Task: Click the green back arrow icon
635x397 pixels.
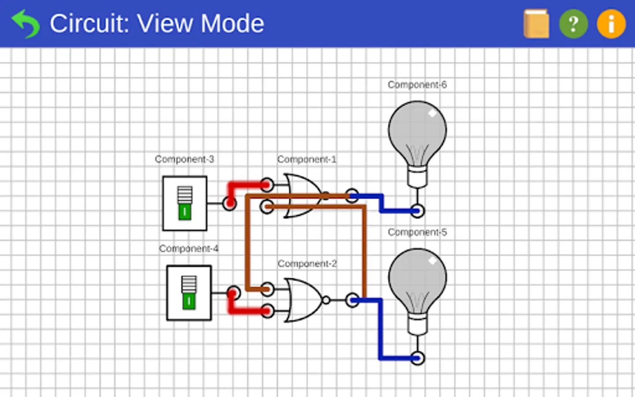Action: click(26, 24)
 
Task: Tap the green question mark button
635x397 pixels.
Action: click(573, 24)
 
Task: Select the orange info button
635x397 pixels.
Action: click(611, 24)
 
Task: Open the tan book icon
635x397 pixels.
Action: click(536, 24)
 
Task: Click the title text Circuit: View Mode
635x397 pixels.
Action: click(157, 24)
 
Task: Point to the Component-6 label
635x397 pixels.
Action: click(417, 85)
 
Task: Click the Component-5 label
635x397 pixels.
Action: click(417, 232)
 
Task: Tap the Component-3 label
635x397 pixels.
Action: click(184, 159)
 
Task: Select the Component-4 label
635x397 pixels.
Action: click(189, 249)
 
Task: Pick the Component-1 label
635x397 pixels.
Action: click(307, 159)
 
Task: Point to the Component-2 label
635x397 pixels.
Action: click(307, 264)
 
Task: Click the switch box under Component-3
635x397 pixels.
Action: click(185, 203)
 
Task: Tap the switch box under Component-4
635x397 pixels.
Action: click(189, 293)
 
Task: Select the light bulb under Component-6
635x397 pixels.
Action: click(417, 137)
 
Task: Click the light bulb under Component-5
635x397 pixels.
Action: click(417, 285)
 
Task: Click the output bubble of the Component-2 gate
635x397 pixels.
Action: click(326, 300)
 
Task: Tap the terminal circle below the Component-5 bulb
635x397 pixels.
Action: click(417, 358)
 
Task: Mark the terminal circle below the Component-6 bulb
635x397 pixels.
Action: click(417, 211)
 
